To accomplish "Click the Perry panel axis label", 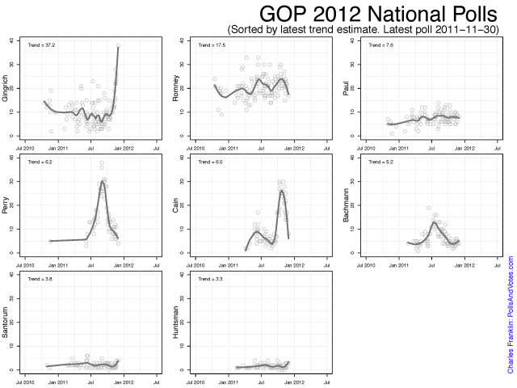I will click(6, 205).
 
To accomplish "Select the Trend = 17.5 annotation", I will click(208, 46).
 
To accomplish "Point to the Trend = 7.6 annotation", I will click(377, 46).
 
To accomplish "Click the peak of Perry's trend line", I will click(103, 183).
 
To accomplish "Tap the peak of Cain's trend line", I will click(281, 191).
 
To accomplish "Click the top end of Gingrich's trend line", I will click(118, 47).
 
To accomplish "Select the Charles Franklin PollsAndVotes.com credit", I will click(510, 315).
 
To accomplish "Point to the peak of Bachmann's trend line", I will click(434, 221).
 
